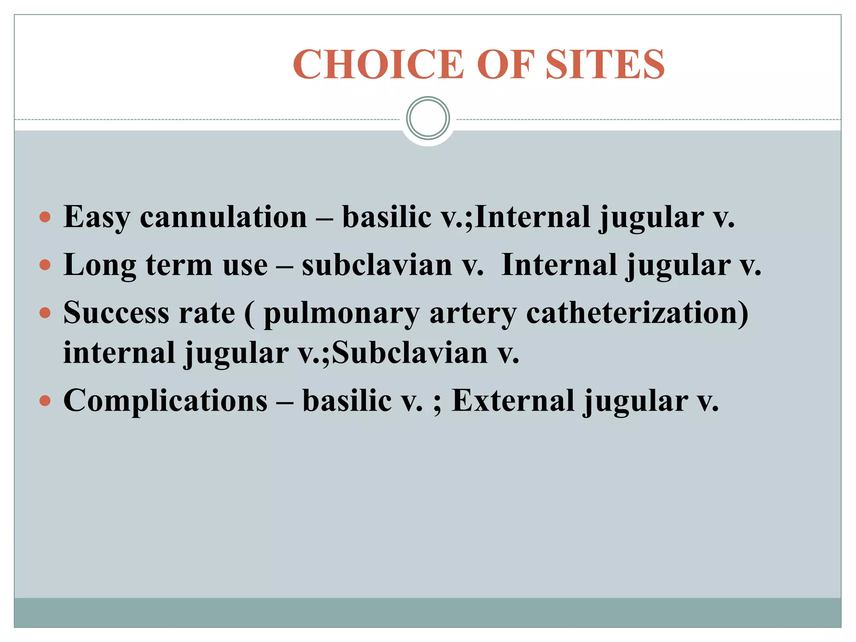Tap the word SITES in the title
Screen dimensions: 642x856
[x=605, y=65]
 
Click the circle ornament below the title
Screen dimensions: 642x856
[x=428, y=118]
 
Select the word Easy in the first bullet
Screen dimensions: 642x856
[x=97, y=217]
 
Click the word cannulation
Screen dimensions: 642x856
[x=223, y=217]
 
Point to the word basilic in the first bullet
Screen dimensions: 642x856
[x=387, y=217]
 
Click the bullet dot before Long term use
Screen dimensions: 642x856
[x=45, y=265]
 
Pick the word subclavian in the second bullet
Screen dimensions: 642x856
[x=377, y=265]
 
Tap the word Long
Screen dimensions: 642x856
[x=99, y=265]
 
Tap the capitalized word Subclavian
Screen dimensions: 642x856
[x=410, y=353]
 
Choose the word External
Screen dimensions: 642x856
[x=513, y=400]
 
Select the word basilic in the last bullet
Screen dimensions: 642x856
[x=346, y=400]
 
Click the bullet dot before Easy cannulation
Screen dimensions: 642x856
[x=45, y=217]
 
